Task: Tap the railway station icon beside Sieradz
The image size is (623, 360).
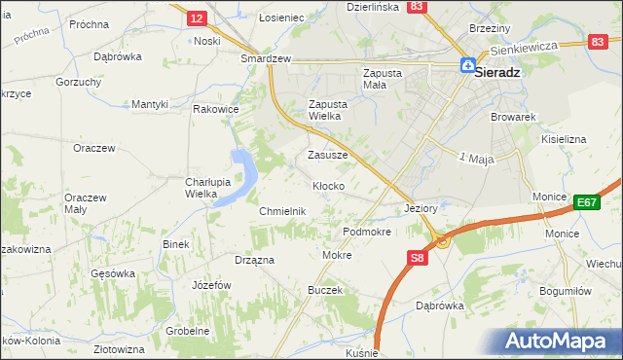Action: [x=468, y=67]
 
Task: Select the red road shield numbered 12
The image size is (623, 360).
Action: [x=197, y=18]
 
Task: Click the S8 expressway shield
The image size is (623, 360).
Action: [x=416, y=258]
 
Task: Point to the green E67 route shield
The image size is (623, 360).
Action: [x=585, y=202]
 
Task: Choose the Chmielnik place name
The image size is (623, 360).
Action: [x=282, y=211]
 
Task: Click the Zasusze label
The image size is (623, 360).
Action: [x=328, y=155]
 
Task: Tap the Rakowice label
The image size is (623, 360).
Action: [x=216, y=109]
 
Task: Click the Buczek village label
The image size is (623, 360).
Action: [x=325, y=291]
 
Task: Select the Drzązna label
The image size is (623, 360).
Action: [x=254, y=260]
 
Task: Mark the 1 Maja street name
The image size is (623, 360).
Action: [x=477, y=158]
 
